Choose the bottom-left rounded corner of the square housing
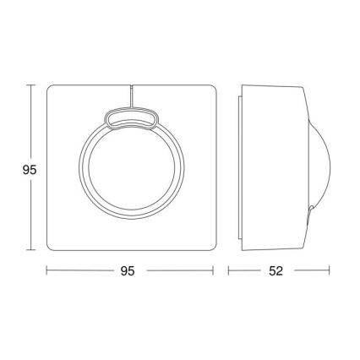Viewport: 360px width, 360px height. click(51, 246)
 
